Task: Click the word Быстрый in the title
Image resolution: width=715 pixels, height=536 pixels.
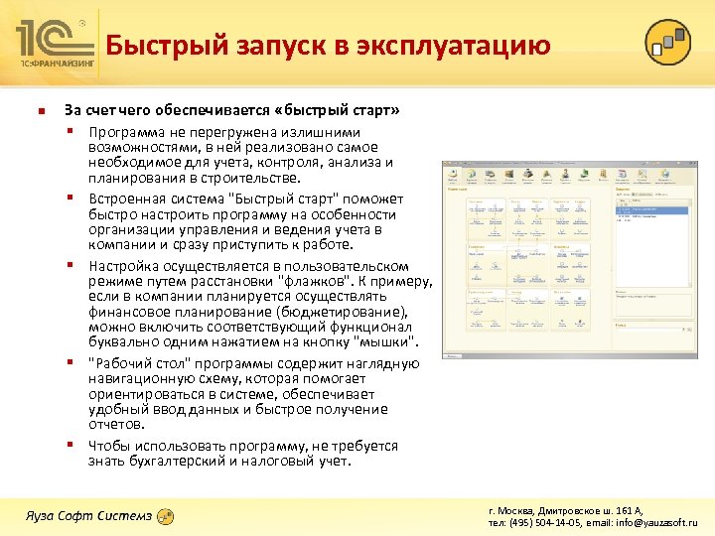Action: (158, 46)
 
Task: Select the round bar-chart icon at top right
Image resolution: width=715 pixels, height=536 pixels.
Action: (667, 42)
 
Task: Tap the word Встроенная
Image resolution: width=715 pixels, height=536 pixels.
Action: (126, 199)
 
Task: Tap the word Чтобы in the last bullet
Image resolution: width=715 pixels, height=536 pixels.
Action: (109, 446)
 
